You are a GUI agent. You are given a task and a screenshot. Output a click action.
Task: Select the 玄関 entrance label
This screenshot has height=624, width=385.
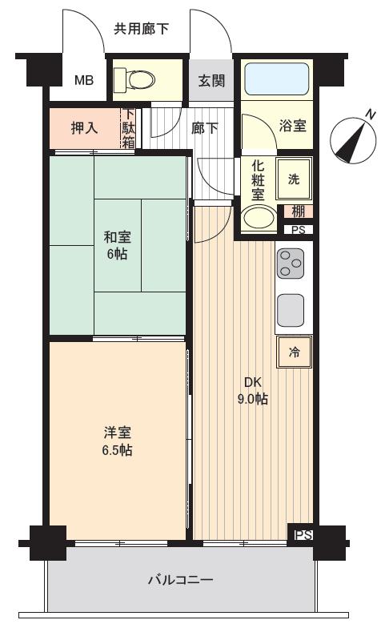211,80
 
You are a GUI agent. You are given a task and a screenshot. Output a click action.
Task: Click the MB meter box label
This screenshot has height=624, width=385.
84,80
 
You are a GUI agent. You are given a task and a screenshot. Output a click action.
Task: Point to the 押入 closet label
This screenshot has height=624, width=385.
84,128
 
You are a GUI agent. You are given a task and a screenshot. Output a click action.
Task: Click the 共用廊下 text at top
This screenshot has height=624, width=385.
141,30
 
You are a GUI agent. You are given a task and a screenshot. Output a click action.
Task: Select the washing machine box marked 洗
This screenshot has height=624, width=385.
294,180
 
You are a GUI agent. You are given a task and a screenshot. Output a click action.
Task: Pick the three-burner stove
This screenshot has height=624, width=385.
290,263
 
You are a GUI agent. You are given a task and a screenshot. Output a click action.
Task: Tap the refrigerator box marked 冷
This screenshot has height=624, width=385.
294,352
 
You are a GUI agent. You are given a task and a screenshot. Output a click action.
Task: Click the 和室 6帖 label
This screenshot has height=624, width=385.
118,245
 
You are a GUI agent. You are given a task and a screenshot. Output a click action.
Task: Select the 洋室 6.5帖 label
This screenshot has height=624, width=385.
118,441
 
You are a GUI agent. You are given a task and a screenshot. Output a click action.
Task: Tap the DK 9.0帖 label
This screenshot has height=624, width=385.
251,390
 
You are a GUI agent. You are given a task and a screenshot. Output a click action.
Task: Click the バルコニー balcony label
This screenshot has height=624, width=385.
180,579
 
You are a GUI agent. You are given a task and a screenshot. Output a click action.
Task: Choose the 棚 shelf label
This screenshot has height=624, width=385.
297,211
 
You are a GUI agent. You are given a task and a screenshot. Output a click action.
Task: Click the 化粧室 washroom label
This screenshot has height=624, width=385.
258,179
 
